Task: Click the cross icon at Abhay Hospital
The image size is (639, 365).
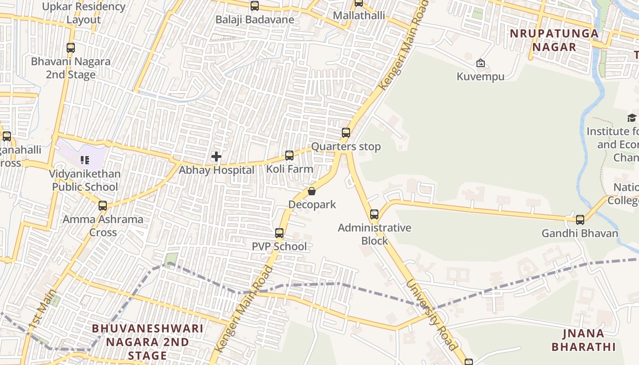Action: click(216, 157)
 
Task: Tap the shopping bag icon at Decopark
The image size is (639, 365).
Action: click(312, 191)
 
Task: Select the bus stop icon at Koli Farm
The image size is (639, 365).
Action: click(289, 156)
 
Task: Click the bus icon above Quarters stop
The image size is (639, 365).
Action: click(346, 133)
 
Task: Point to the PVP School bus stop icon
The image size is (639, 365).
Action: click(279, 233)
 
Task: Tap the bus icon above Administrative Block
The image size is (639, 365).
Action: click(374, 214)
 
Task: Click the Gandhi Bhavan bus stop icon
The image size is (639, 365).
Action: click(580, 220)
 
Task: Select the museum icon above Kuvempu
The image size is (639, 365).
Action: click(480, 63)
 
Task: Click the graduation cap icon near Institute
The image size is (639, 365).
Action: click(632, 118)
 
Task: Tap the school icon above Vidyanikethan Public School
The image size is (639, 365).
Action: click(84, 160)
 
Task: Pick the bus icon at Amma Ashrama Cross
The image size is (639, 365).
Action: click(103, 205)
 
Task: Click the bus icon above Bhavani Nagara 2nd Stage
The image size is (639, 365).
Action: click(70, 47)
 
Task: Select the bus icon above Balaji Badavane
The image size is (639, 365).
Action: click(255, 6)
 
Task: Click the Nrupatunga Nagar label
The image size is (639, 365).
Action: click(554, 40)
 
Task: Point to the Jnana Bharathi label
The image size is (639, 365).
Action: click(584, 340)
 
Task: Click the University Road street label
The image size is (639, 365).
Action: click(431, 314)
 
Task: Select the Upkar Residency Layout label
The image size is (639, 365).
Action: click(84, 13)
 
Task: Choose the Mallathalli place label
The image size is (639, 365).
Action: click(359, 16)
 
